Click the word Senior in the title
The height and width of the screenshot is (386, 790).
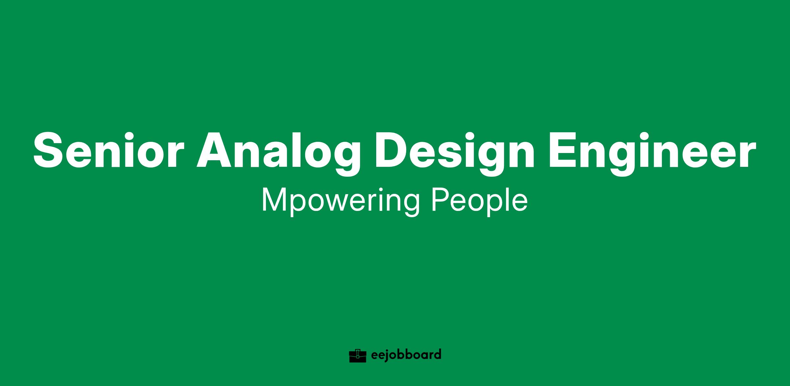coord(108,150)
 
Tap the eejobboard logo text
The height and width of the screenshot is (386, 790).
coord(406,355)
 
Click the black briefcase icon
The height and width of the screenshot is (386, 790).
coord(357,356)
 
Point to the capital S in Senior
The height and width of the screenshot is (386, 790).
coord(50,150)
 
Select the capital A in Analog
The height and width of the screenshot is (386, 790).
coord(215,150)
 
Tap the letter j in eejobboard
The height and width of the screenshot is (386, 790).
coord(388,356)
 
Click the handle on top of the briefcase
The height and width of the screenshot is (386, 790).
coord(357,350)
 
